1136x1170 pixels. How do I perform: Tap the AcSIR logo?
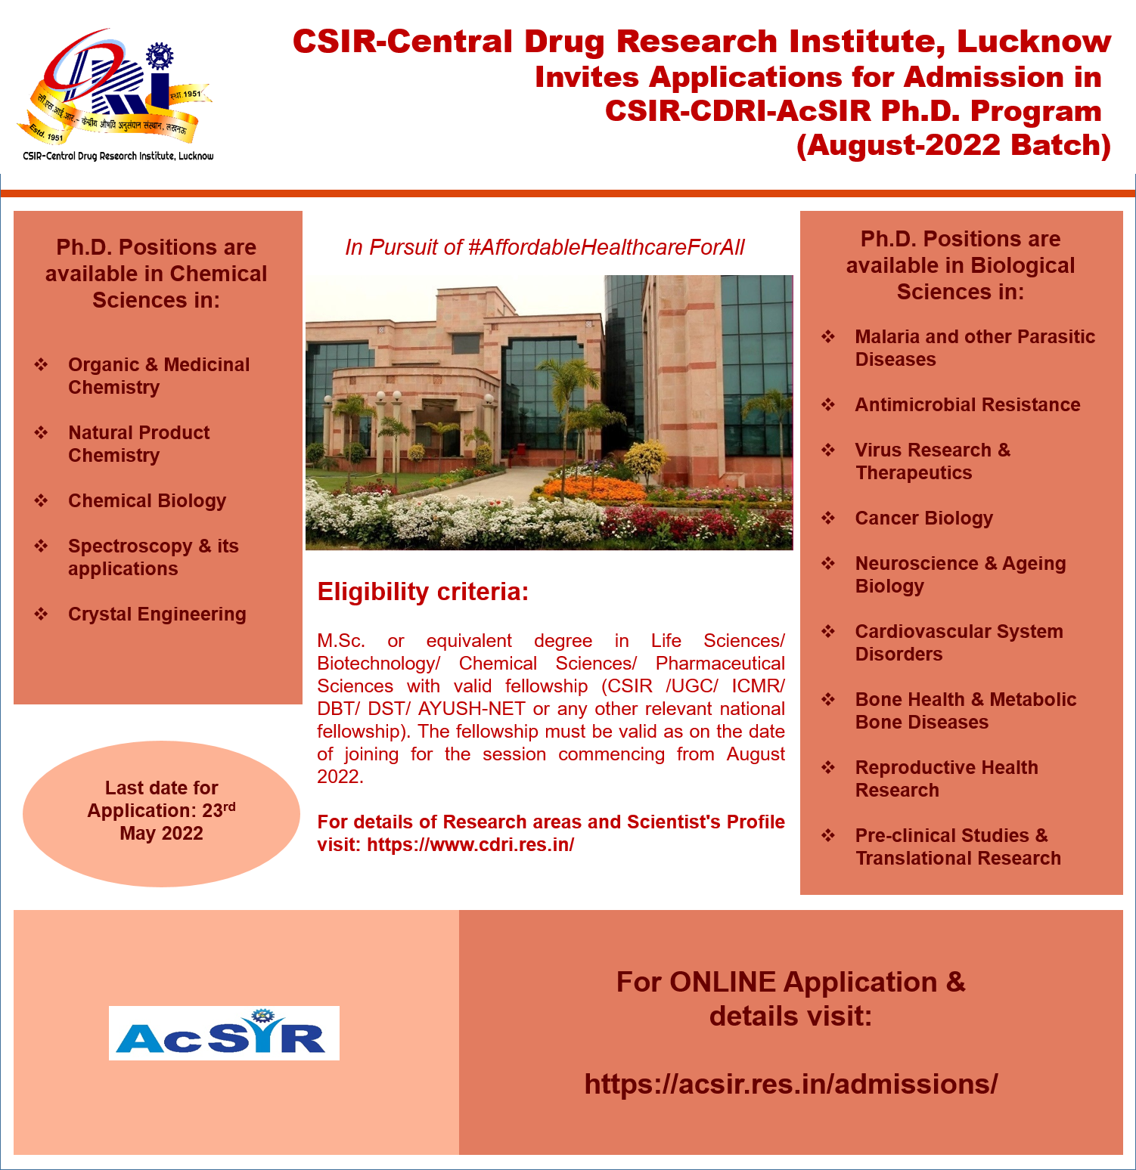click(x=224, y=1032)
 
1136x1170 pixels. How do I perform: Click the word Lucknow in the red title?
click(x=1034, y=42)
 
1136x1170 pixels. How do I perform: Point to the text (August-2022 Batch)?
click(x=954, y=145)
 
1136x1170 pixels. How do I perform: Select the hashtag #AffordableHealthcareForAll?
click(x=607, y=247)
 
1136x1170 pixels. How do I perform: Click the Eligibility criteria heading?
click(x=423, y=591)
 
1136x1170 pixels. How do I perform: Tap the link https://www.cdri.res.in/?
click(x=470, y=844)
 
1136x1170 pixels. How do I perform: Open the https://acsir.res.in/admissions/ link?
click(x=791, y=1084)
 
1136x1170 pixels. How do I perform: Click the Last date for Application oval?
click(x=161, y=813)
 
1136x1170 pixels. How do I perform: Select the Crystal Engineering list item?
click(x=157, y=614)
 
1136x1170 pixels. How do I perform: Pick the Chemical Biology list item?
click(x=147, y=500)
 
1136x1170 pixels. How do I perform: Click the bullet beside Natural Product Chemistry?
click(x=41, y=432)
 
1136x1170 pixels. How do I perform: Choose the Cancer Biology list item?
click(x=924, y=518)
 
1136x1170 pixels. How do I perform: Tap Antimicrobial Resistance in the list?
click(x=967, y=404)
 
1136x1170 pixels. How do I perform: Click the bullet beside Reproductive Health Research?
click(x=828, y=767)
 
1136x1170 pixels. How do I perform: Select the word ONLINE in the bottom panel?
click(x=722, y=982)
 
